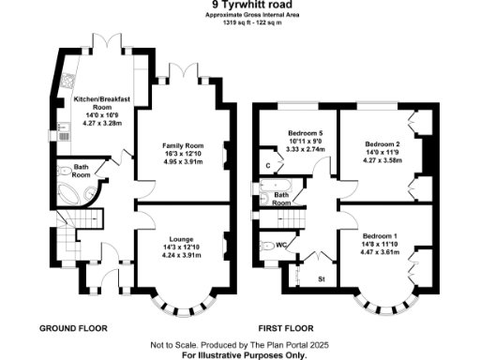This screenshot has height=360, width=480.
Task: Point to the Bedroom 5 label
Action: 306,146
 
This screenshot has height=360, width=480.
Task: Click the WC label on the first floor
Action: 281,245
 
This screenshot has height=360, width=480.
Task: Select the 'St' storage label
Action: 321,278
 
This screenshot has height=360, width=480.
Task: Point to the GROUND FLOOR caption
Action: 73,329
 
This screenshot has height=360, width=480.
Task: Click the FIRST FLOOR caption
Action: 285,329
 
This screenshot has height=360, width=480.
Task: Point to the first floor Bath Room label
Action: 281,199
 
